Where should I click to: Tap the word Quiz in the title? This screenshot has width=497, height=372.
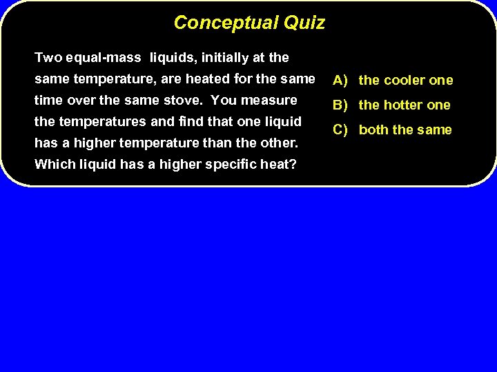click(304, 23)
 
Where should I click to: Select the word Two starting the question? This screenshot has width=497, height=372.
click(47, 57)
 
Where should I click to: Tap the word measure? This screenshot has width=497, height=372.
click(270, 101)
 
